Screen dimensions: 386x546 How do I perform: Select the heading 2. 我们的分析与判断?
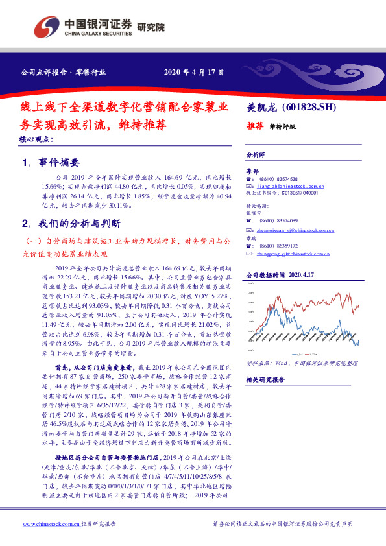click(71, 224)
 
